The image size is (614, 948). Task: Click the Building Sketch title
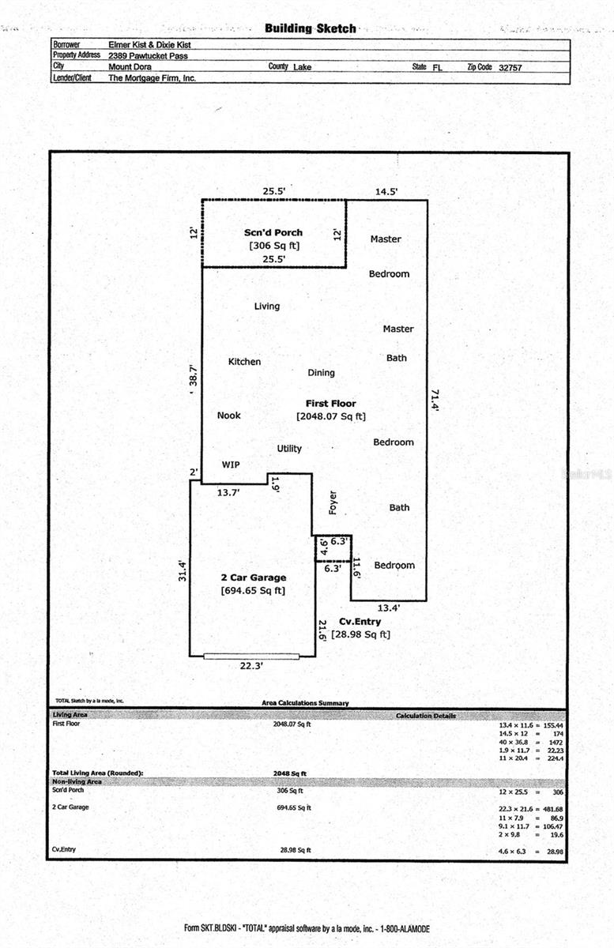pos(310,28)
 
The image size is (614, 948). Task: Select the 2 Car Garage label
pos(253,577)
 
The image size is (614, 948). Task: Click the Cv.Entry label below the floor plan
pos(360,622)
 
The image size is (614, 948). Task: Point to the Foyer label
pos(333,503)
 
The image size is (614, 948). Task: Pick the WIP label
pos(230,465)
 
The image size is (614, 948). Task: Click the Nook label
pos(228,416)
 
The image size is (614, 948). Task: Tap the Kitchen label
pos(244,362)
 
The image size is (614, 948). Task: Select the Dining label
pos(321,373)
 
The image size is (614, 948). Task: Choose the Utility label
pos(289,449)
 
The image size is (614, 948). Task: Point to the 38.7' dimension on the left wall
pos(192,374)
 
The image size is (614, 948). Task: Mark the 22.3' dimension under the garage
pos(251,666)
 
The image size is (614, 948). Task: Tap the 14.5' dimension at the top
pos(386,191)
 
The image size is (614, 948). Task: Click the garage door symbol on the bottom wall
pos(251,656)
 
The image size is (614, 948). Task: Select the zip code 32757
pos(510,68)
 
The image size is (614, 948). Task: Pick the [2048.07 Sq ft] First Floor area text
pos(330,416)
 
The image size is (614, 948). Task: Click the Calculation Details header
pos(425,716)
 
